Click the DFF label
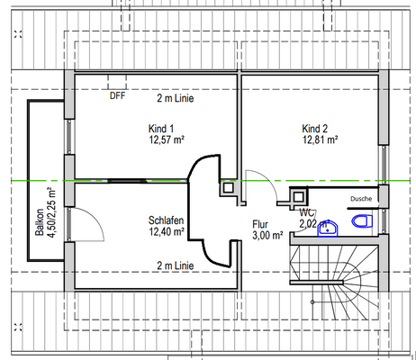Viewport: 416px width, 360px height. [x=117, y=95]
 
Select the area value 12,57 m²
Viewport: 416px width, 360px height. [x=167, y=140]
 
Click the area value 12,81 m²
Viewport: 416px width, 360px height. [x=320, y=140]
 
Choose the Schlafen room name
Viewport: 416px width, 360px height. [x=166, y=220]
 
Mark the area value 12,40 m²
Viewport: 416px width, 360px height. [x=166, y=232]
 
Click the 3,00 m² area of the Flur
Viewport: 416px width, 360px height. [x=267, y=236]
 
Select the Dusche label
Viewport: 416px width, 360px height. [x=361, y=199]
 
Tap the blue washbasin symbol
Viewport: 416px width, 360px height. [x=330, y=227]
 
